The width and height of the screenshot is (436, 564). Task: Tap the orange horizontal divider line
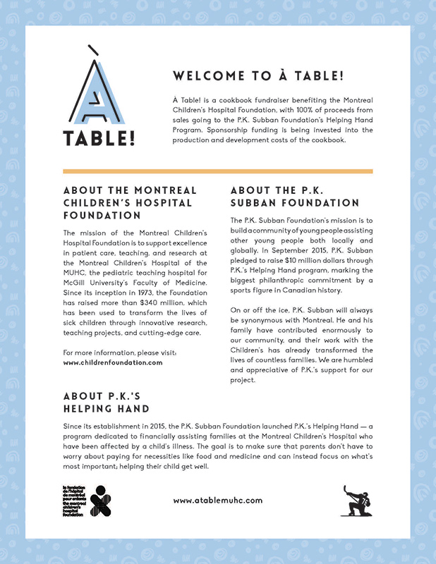217,171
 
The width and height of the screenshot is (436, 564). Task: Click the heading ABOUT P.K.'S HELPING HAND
106,402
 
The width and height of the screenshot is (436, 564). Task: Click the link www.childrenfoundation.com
113,362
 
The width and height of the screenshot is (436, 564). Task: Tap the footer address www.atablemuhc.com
217,500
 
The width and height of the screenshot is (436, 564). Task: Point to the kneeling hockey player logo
354,501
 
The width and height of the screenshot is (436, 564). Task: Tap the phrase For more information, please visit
119,352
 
